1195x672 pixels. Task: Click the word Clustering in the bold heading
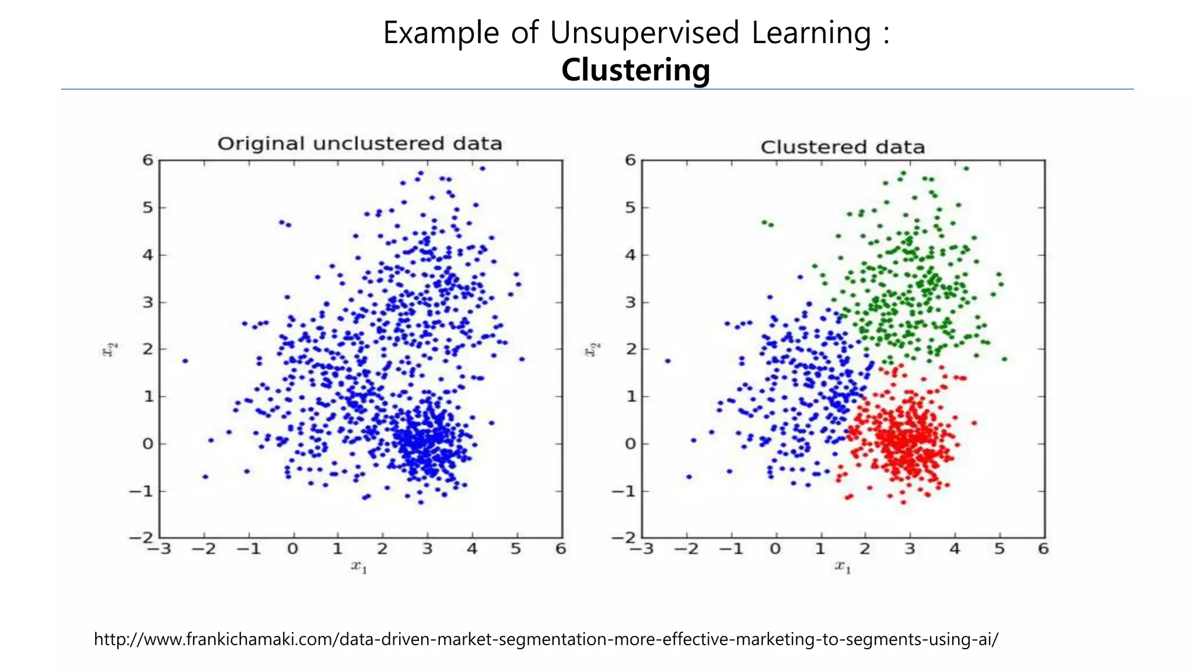[x=635, y=70]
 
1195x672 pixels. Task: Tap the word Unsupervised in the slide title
[x=644, y=33]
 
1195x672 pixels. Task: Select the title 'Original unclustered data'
[x=359, y=143]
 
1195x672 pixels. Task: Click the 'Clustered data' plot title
[x=843, y=147]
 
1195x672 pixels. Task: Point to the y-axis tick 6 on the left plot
[x=148, y=160]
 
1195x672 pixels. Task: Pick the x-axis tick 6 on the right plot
[x=1043, y=549]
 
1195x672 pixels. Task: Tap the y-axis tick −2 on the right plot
[x=625, y=538]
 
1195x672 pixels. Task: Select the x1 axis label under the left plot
[x=359, y=566]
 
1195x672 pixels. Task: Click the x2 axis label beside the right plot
[x=592, y=349]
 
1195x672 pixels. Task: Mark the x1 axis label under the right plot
[x=843, y=566]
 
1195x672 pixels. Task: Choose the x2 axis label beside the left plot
[x=109, y=349]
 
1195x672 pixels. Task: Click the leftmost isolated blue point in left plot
[x=185, y=361]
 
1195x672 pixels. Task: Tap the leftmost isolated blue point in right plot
[x=668, y=361]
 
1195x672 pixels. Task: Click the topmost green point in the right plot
[x=966, y=169]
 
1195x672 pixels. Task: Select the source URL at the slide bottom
[x=546, y=639]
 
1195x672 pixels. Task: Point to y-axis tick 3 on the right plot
[x=630, y=302]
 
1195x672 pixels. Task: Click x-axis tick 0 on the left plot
[x=293, y=549]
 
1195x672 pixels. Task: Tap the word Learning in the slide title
[x=811, y=33]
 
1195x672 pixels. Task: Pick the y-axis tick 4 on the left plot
[x=148, y=255]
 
